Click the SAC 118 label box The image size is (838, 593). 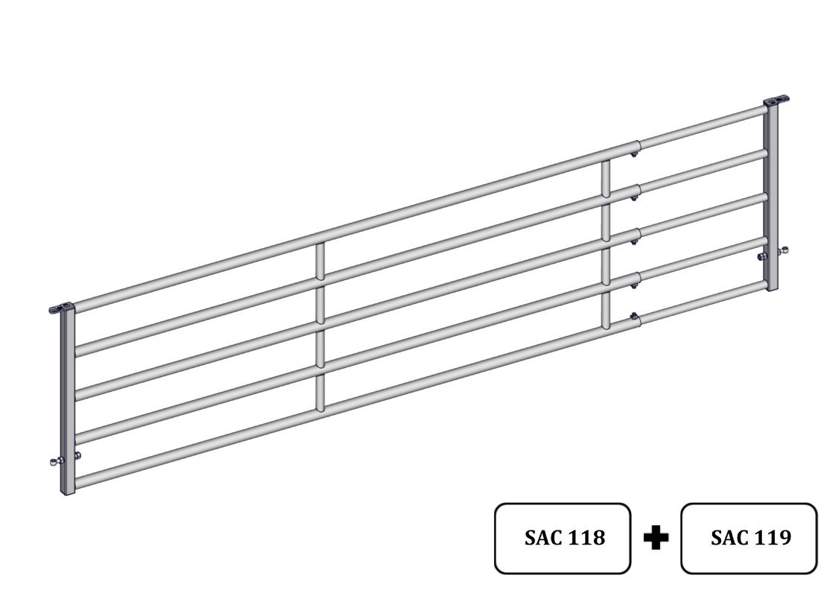point(563,539)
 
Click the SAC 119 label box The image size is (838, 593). point(749,539)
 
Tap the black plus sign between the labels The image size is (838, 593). point(656,537)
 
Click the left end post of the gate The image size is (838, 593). point(67,402)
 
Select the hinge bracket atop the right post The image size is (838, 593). point(776,100)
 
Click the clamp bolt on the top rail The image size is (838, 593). point(634,154)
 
